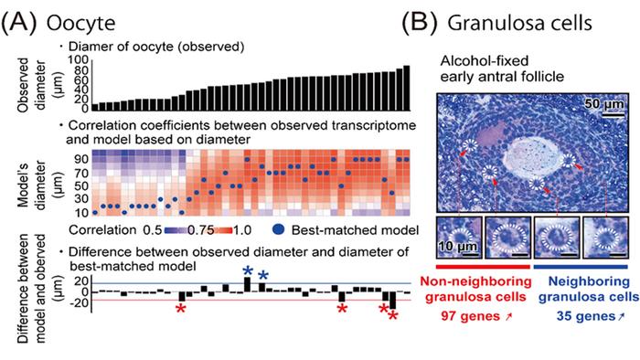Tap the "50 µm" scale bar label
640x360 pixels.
coord(603,103)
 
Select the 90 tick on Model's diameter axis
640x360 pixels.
coord(80,158)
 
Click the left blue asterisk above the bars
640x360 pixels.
coord(247,271)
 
